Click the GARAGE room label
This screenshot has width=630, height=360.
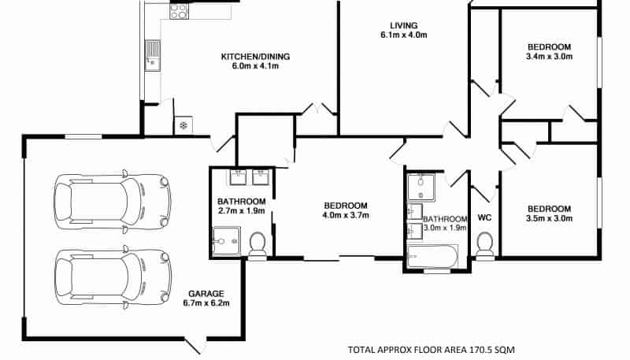tap(206, 294)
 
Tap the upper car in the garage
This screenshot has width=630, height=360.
tap(113, 202)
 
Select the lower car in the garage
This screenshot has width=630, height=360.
tap(113, 276)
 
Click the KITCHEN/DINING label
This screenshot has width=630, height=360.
tap(255, 57)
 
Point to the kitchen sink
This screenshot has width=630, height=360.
tap(152, 55)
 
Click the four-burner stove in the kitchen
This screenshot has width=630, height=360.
tap(179, 11)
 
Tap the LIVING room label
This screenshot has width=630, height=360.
tap(404, 25)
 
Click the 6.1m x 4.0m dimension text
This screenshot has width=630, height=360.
tap(404, 35)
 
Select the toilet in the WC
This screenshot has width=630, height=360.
tap(484, 246)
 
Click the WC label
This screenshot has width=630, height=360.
tap(484, 217)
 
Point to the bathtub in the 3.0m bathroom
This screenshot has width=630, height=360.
tap(432, 256)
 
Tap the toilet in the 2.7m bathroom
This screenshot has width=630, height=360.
tap(258, 246)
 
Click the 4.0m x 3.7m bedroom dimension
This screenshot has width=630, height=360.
tap(346, 215)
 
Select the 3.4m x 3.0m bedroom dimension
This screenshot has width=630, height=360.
tap(549, 57)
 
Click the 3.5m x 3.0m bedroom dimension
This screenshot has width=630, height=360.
tap(549, 218)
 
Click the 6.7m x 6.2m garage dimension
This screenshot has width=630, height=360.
tap(206, 303)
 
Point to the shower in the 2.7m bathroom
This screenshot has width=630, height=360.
tap(227, 242)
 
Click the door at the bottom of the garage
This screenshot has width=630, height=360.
tap(195, 346)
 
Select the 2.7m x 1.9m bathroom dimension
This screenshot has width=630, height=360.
tap(241, 210)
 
